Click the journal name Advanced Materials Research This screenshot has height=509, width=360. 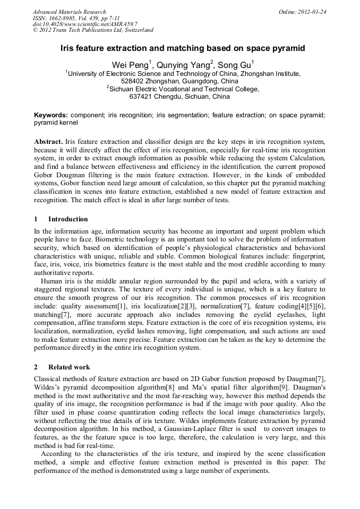tap(69, 12)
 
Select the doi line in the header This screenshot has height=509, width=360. tap(85, 24)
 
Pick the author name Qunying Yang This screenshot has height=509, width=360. tap(184, 65)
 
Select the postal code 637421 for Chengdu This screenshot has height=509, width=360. tap(141, 97)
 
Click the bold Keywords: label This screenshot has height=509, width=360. tap(51, 115)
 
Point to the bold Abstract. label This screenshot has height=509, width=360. tap(48, 143)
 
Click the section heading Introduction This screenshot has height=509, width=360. tap(68, 219)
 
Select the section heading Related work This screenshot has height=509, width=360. tap(69, 367)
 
